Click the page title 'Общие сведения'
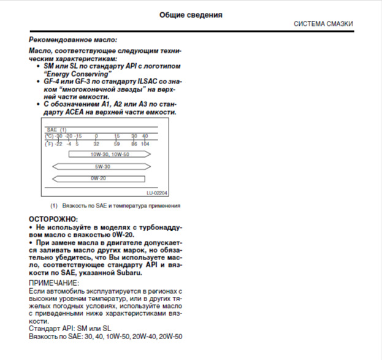[x=191, y=14]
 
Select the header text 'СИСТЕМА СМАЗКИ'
[x=323, y=24]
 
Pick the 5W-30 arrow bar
[x=102, y=166]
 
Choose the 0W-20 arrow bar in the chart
[x=99, y=178]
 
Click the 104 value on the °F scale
[x=145, y=143]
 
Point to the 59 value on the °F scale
[x=116, y=143]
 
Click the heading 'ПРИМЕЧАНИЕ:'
[x=54, y=283]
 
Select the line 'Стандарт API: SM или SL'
[x=70, y=328]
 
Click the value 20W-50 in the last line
[x=171, y=336]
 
